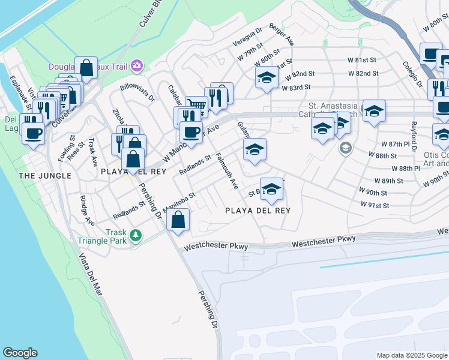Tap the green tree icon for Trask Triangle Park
(136, 235)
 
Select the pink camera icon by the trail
(137, 65)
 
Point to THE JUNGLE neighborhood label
(45, 176)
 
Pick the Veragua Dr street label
(247, 37)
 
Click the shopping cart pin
(196, 106)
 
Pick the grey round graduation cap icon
(345, 148)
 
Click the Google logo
(20, 353)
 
